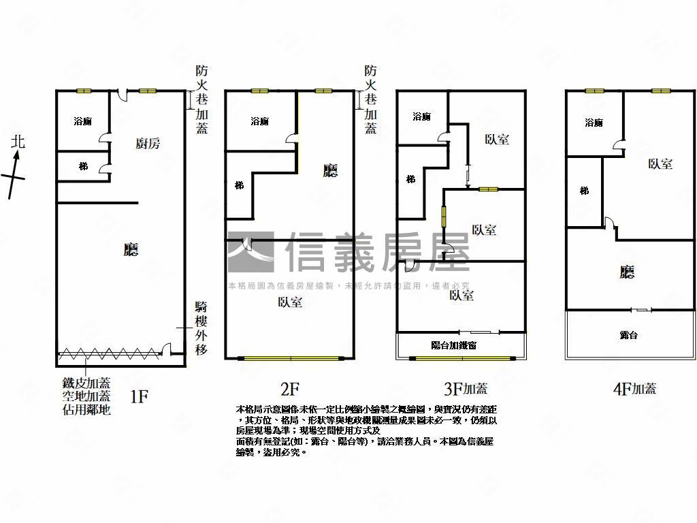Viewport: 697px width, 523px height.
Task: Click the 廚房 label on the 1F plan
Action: click(148, 143)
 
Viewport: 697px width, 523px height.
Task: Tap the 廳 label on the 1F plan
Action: click(131, 249)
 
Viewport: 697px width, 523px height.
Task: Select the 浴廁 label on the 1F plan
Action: click(82, 121)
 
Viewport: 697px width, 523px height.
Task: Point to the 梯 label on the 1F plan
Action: click(83, 166)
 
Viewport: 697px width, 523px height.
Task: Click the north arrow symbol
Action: click(14, 174)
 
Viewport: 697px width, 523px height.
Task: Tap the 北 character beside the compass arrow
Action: click(18, 142)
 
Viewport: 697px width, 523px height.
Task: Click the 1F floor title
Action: click(139, 396)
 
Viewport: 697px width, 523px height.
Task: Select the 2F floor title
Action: click(290, 389)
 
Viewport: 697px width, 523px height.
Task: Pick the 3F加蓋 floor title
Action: click(466, 389)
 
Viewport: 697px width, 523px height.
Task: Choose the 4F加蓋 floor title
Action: click(634, 389)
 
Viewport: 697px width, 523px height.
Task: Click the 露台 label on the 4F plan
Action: click(629, 335)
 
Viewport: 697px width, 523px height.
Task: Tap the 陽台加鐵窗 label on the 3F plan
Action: click(454, 345)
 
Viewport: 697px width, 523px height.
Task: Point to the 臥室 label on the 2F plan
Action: click(290, 302)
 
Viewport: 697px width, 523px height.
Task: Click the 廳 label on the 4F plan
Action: click(628, 273)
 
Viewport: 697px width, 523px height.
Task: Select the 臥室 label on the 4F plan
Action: click(660, 164)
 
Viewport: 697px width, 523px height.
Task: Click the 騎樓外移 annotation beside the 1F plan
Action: click(201, 328)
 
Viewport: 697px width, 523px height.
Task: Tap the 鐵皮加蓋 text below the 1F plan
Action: click(86, 383)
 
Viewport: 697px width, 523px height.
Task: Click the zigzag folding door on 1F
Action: click(112, 353)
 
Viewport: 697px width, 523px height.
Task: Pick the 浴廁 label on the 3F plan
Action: click(421, 116)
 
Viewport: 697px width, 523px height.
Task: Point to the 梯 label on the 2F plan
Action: click(239, 185)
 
